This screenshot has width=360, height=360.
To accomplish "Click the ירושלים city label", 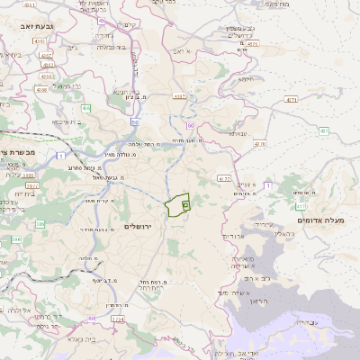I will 140,225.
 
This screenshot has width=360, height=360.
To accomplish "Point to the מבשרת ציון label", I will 18,154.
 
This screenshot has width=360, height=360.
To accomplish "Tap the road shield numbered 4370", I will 252,43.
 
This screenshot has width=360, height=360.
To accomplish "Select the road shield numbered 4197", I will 180,95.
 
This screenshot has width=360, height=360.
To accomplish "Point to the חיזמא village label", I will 245,78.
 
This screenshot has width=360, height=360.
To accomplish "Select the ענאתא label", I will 237,133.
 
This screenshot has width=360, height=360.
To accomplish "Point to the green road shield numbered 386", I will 15,238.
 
